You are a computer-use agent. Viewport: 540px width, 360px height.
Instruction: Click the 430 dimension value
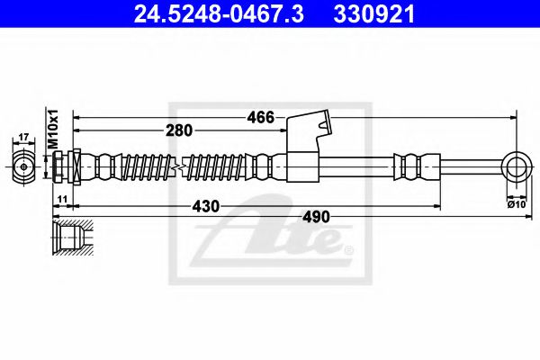coord(206,207)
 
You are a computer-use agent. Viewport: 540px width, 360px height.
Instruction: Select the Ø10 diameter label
coord(517,205)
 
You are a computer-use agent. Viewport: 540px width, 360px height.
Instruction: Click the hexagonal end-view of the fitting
coord(24,166)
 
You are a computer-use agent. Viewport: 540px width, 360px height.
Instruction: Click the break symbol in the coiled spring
coord(183,166)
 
